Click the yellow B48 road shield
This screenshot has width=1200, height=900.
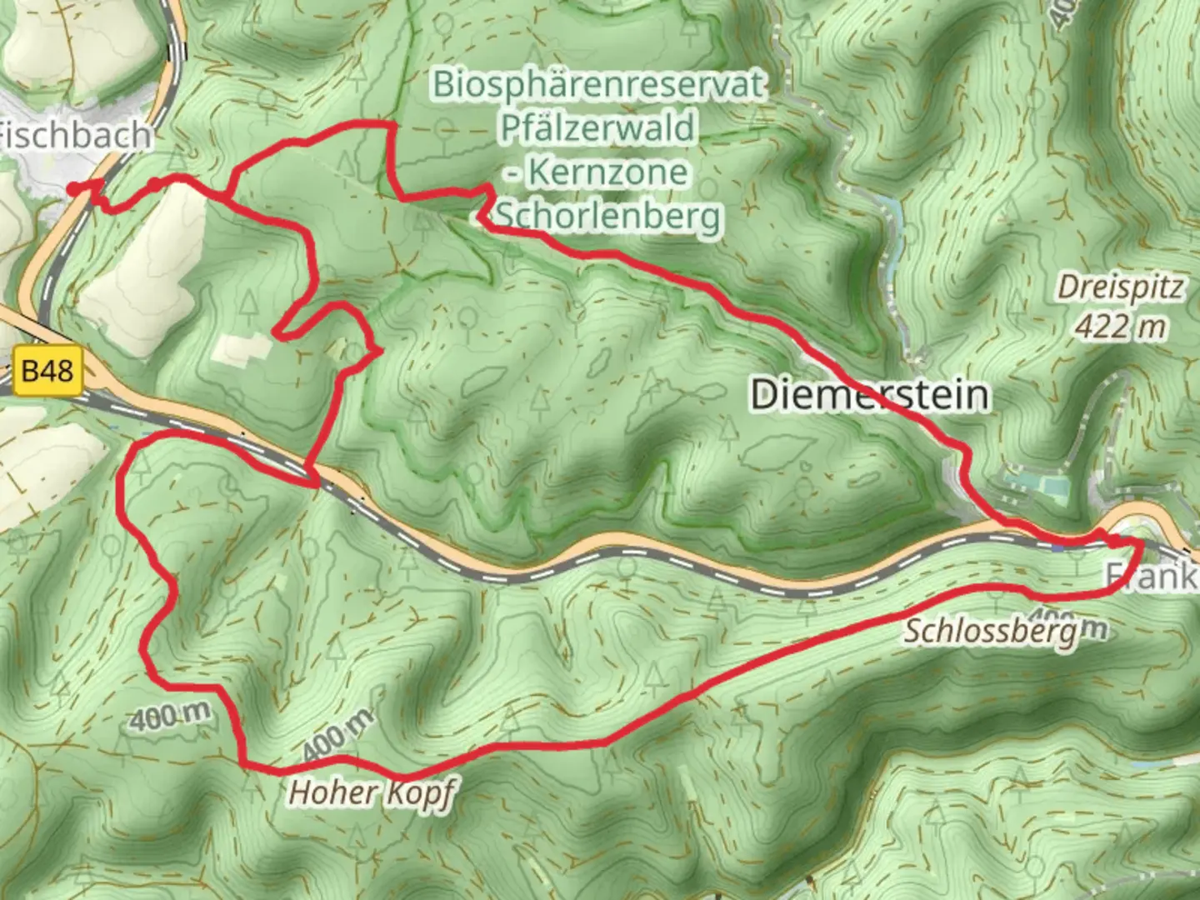click(47, 370)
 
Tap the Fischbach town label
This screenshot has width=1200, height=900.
click(75, 135)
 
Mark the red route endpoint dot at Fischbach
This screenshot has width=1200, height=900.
click(74, 189)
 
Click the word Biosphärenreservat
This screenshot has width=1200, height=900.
click(598, 84)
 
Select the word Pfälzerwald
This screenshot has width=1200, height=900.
click(597, 128)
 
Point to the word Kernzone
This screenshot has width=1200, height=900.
click(608, 172)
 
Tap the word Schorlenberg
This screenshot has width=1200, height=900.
click(608, 217)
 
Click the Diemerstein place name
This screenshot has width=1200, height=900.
click(869, 394)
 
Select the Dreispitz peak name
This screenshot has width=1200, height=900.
click(1120, 288)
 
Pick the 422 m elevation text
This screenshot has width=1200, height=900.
click(1119, 327)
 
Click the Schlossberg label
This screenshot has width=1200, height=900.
click(990, 632)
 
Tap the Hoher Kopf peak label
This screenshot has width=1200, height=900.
click(371, 792)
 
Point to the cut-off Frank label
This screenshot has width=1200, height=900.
click(1153, 576)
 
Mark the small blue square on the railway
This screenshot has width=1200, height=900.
click(1057, 547)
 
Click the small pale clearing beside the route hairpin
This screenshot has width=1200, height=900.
click(242, 349)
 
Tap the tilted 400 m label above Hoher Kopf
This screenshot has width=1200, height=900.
click(337, 736)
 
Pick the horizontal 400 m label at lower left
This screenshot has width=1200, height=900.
click(170, 716)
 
